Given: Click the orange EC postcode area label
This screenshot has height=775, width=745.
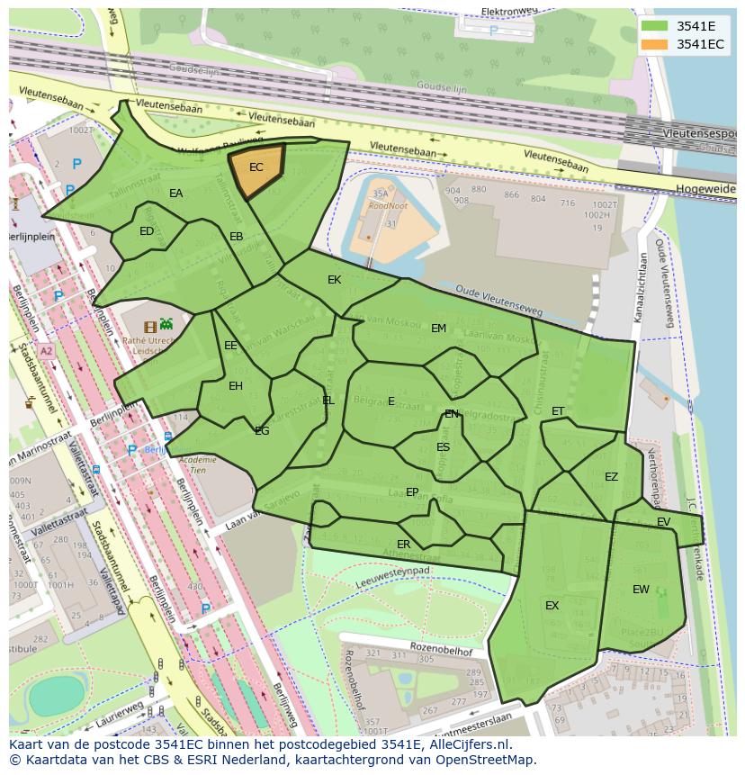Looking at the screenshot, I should click(256, 167).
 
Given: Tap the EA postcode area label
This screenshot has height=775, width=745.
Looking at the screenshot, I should click(176, 194).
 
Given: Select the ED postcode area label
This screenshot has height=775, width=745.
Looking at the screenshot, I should click(147, 231).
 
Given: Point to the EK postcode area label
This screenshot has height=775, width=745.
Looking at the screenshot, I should click(335, 280).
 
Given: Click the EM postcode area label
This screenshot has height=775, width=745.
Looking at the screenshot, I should click(438, 329).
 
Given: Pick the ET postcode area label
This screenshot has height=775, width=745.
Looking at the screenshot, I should click(558, 411).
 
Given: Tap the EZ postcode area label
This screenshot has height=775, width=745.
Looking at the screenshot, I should click(612, 477).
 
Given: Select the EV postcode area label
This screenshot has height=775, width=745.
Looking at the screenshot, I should click(664, 522).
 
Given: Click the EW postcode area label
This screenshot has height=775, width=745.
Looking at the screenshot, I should click(641, 590).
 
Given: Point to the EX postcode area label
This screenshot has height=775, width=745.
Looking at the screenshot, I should click(552, 606).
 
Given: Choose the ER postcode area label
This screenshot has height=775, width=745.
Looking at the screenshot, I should click(404, 545).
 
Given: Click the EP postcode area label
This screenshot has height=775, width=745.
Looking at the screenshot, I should click(412, 492).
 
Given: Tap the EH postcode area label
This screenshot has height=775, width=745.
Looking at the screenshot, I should click(236, 386).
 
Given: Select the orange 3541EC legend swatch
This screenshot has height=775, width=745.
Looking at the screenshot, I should click(655, 44).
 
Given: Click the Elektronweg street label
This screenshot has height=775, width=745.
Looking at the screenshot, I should click(509, 11).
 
